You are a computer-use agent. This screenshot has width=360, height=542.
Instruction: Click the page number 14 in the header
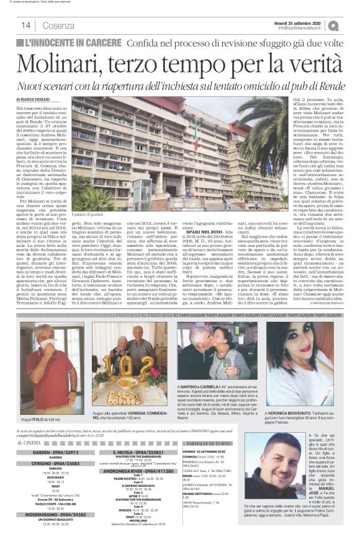pos(27,24)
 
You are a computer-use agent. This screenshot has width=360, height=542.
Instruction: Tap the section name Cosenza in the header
pos(58,25)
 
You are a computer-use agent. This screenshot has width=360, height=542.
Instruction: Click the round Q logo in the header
pos(351,25)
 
